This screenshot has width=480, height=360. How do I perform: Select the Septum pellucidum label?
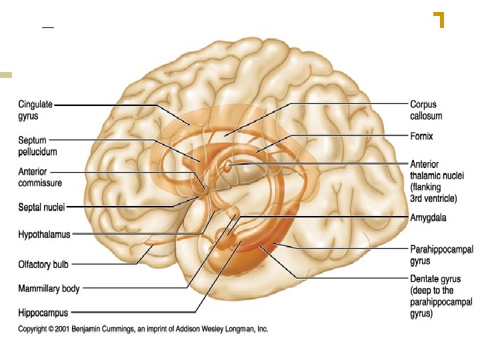(x=33, y=145)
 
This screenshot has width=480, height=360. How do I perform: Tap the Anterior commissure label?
(x=41, y=177)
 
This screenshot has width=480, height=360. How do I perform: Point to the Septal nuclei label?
(x=41, y=207)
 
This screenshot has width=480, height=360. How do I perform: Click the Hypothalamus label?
(x=44, y=235)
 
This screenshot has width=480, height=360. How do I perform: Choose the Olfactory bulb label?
(x=43, y=265)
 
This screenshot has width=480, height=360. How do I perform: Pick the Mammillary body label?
(x=49, y=289)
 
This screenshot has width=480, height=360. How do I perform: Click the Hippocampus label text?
(x=43, y=312)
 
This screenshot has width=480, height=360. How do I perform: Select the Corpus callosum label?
(x=426, y=110)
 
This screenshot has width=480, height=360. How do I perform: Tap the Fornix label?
(x=421, y=136)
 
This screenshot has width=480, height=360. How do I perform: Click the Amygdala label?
(x=429, y=218)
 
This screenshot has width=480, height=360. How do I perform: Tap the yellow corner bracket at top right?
(x=439, y=19)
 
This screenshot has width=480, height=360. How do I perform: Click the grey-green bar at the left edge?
(x=6, y=75)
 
